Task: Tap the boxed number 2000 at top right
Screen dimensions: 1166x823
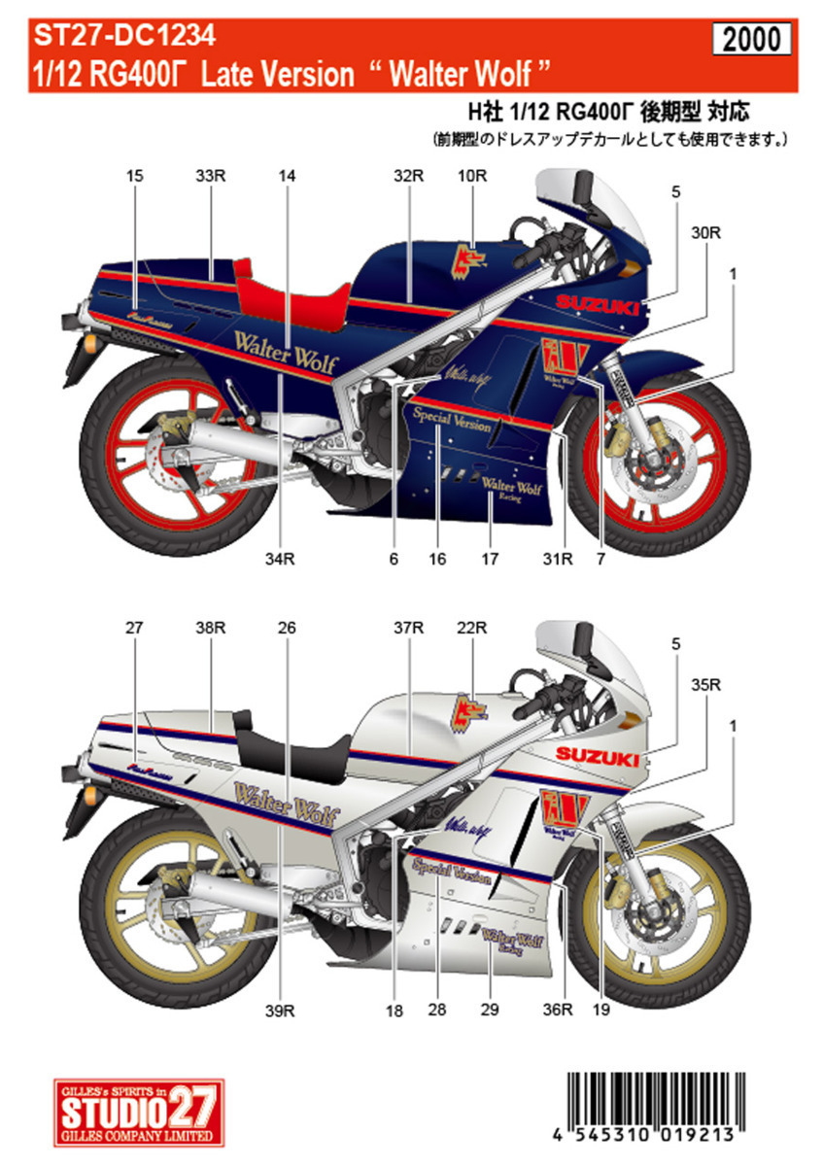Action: pos(753,39)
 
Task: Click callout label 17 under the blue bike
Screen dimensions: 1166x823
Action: pos(490,559)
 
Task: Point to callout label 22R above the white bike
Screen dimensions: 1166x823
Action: pos(473,629)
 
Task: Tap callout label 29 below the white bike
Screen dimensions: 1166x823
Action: pos(490,1012)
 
